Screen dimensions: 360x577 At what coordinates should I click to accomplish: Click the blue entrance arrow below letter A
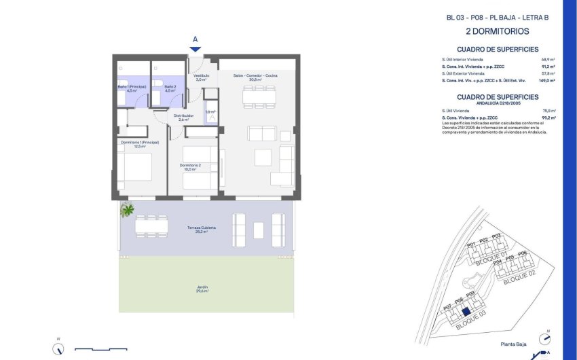coord(195,49)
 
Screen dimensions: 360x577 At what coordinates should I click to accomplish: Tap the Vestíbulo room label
coord(201,77)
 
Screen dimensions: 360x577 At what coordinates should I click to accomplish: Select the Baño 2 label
coord(170,88)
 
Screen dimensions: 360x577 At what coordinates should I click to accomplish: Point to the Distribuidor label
coord(183,117)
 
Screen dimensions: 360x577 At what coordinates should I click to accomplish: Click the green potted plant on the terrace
coord(127,210)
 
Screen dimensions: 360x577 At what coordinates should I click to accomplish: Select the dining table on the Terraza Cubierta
coord(150,226)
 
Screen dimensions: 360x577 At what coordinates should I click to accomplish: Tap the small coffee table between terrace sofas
coord(258,230)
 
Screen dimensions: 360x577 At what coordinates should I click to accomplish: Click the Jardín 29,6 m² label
coord(202,289)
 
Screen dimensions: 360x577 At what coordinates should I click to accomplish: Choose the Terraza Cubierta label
coord(202,229)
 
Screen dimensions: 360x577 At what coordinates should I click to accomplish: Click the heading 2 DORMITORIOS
coord(497,31)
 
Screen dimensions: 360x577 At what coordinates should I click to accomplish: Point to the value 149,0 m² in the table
coord(546,81)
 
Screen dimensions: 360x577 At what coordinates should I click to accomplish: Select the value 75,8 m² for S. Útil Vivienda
coord(548,111)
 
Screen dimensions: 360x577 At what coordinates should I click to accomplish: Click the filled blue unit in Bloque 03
coord(466,313)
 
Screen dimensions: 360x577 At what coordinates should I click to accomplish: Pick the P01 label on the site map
coord(471,244)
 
